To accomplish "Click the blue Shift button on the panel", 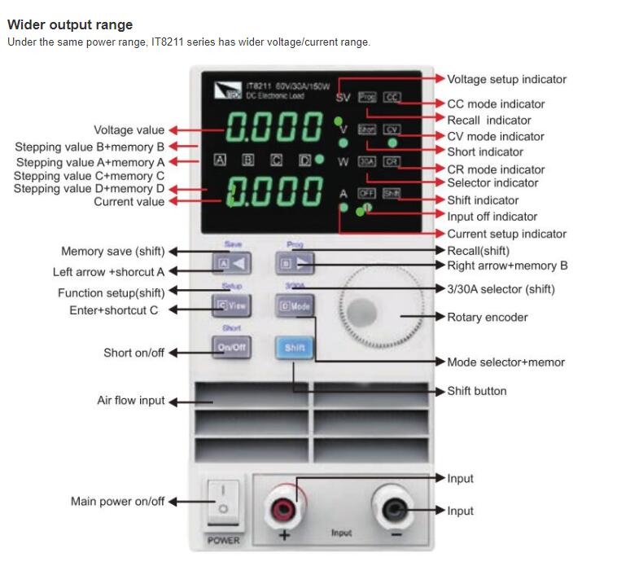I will coord(294,348).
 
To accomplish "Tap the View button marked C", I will coord(230,306).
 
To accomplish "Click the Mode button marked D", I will coord(295,306).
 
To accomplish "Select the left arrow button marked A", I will coord(230,263).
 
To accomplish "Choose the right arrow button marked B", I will coord(295,263).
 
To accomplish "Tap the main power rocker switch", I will coord(224,501).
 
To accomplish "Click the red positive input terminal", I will coord(285,511).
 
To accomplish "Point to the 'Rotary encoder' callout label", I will coord(488,317).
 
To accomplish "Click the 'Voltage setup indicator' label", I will coord(506,79).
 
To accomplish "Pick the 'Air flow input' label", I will coord(130,401).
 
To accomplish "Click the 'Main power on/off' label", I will coord(117,502).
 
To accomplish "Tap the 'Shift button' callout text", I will coord(476,391).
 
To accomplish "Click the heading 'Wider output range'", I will coord(69,24).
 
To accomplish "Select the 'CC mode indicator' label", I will coord(496,104).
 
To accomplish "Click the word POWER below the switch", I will coord(224,540).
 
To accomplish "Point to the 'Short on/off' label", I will coord(133,353).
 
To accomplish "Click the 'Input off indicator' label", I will coord(492,217).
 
